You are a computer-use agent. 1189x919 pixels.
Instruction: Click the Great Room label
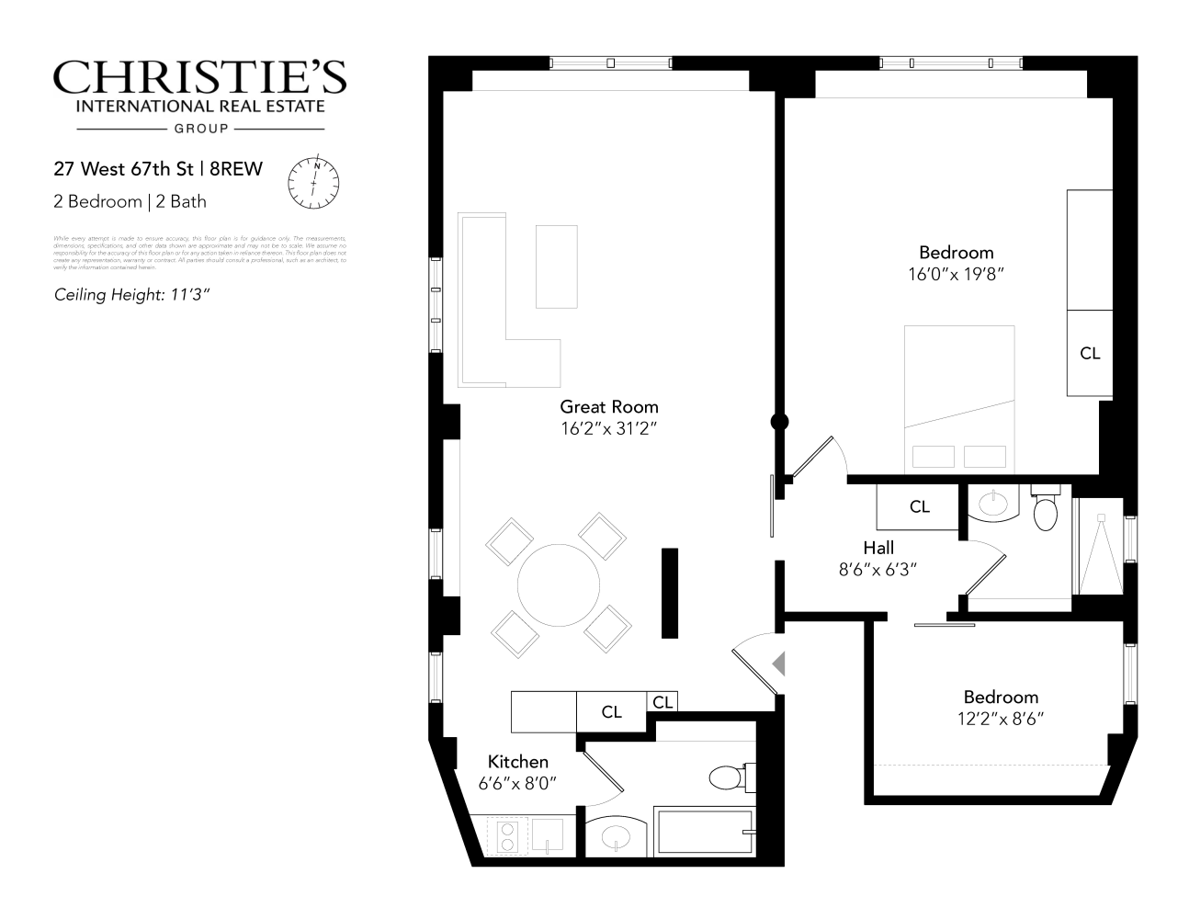click(609, 406)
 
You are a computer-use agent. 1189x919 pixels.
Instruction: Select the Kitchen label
click(517, 761)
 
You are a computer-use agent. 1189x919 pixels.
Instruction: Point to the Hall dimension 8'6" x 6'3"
click(878, 569)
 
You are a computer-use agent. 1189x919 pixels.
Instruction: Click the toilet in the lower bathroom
click(730, 777)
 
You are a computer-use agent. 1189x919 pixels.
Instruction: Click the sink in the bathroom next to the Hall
click(993, 503)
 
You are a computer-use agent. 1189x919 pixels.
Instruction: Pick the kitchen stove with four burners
click(506, 835)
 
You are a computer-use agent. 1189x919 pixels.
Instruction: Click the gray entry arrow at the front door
click(778, 662)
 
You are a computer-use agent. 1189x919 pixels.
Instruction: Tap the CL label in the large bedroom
click(1090, 353)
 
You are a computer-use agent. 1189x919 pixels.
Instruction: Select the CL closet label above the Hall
click(919, 506)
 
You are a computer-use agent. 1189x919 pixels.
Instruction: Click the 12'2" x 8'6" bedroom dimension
click(1001, 718)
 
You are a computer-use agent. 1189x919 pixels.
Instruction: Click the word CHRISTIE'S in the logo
click(199, 78)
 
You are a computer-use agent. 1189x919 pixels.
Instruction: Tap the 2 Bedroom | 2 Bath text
click(130, 201)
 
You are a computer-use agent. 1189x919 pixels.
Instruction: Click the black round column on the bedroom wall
click(779, 422)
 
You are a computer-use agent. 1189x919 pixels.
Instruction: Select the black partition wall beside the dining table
click(670, 593)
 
